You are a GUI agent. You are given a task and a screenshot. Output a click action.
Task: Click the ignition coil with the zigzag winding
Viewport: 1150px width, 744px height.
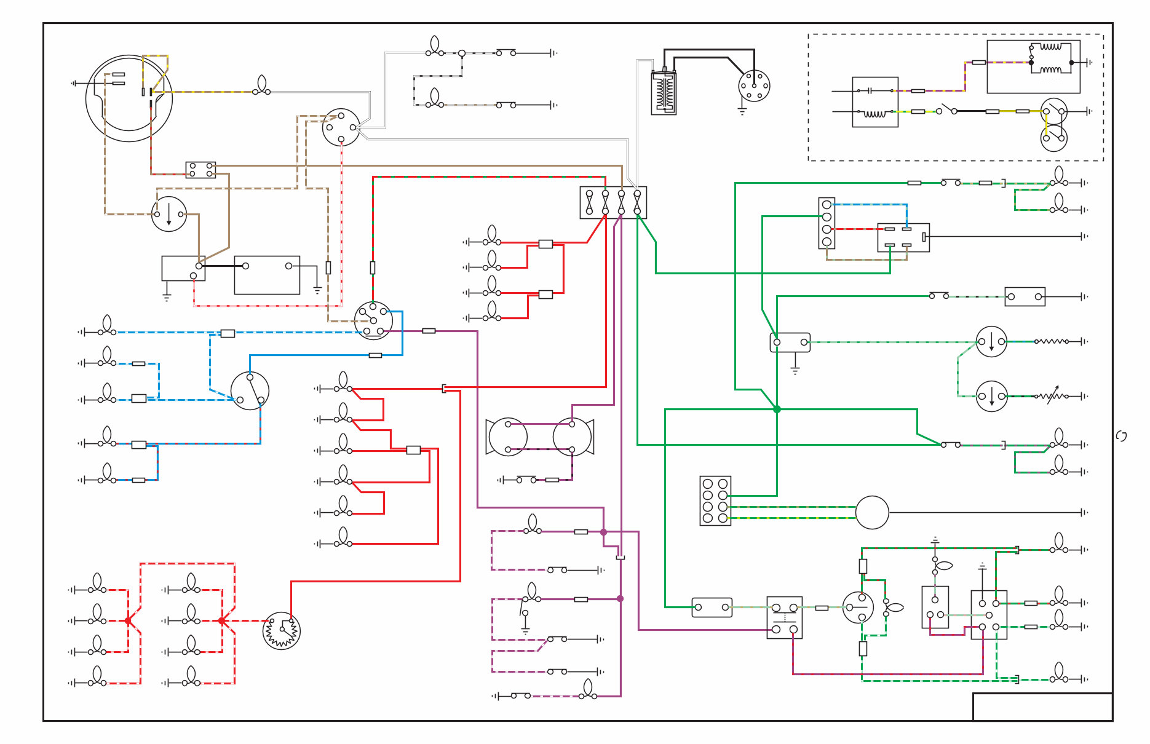(664, 92)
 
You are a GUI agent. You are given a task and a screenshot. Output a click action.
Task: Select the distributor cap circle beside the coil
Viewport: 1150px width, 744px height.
(754, 85)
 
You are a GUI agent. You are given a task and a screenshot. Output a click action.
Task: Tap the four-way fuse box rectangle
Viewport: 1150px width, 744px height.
(613, 202)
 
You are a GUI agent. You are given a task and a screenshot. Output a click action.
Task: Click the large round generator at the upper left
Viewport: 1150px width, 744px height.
(129, 98)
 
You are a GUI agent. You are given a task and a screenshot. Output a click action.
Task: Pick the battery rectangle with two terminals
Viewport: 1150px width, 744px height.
(267, 275)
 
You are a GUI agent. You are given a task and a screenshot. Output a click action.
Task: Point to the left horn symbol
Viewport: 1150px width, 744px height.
(507, 437)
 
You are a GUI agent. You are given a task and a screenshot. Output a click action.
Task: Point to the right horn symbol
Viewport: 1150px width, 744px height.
(573, 437)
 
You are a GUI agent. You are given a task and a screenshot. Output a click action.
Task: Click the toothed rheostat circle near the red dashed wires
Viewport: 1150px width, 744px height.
(281, 630)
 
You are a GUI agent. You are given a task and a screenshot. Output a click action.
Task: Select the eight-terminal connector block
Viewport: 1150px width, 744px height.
(715, 501)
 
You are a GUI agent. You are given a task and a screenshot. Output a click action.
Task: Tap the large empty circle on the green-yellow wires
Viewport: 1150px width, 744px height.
(872, 512)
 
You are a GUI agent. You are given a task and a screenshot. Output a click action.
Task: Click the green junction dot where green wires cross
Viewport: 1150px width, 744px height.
(777, 409)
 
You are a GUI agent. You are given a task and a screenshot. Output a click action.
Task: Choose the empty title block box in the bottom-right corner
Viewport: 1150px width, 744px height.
(1042, 706)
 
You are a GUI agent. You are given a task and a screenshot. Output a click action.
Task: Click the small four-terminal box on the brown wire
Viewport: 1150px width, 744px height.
(200, 170)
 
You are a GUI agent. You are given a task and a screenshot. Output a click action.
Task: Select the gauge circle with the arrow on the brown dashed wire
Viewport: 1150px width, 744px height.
(169, 214)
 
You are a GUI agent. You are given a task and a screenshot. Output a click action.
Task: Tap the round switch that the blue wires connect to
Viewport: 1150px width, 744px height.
(250, 391)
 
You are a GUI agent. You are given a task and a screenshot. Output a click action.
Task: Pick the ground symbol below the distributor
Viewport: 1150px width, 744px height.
(742, 111)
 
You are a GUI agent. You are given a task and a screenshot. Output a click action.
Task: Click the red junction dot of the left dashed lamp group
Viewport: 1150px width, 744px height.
(128, 620)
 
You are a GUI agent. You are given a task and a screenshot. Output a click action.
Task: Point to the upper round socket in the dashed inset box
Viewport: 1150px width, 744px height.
(1053, 111)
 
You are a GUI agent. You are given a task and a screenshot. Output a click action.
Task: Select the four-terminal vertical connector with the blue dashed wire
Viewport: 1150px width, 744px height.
(827, 223)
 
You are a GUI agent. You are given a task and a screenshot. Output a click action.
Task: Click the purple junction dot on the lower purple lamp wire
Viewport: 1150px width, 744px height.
(620, 598)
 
